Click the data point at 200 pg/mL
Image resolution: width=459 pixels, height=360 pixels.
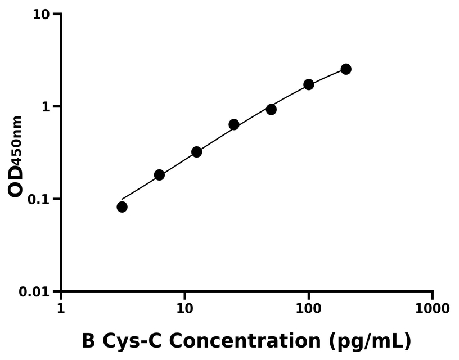tap(346, 69)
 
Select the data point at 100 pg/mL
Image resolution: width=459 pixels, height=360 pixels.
tap(309, 84)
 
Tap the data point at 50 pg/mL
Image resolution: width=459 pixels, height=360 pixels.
tap(271, 109)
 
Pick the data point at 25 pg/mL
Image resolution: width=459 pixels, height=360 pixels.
tap(234, 124)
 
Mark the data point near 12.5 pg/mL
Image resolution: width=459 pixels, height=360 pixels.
tap(197, 152)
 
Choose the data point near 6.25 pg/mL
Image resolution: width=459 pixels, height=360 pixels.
tap(159, 175)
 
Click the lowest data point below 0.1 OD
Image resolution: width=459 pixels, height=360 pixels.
tap(122, 207)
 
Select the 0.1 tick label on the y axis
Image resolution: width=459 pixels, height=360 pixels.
tap(39, 200)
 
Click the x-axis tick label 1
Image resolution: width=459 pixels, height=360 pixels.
tap(61, 309)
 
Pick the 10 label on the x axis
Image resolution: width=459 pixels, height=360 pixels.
tap(184, 309)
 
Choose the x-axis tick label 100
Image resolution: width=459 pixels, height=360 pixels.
tap(308, 309)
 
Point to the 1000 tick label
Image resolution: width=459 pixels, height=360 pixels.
tap(432, 309)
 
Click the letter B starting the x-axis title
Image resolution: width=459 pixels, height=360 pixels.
tap(89, 341)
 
